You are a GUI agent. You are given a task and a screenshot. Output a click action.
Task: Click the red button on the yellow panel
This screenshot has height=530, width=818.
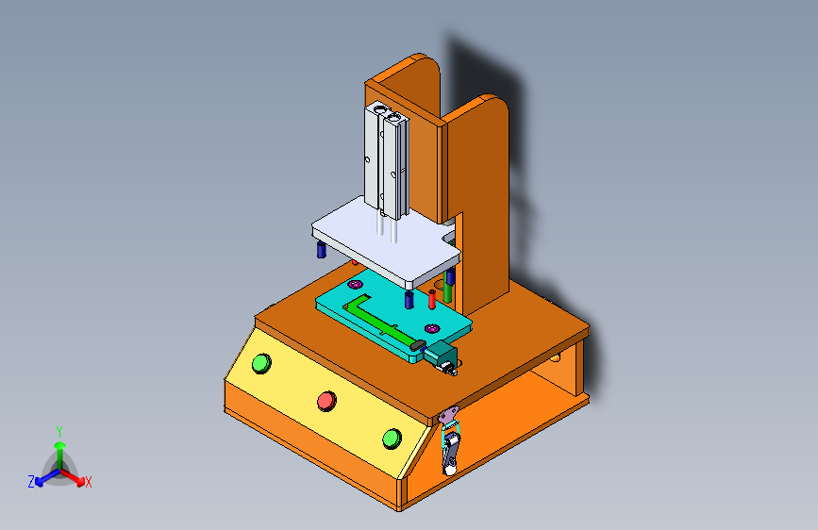click(x=326, y=400)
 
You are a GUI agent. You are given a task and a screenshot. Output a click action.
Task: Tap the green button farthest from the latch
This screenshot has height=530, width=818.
click(x=260, y=363)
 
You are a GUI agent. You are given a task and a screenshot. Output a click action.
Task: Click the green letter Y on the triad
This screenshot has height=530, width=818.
click(x=58, y=430)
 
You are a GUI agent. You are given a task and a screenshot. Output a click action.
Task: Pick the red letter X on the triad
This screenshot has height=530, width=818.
click(x=89, y=482)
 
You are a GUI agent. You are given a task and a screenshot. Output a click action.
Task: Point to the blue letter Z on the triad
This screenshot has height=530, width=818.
click(x=31, y=481)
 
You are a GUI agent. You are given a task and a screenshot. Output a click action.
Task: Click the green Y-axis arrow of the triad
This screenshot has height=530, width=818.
click(x=59, y=451)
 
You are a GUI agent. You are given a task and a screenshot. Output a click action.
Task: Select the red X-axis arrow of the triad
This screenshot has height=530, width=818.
click(x=75, y=477)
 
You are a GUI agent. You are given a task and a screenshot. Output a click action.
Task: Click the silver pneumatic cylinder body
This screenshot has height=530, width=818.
click(x=386, y=158)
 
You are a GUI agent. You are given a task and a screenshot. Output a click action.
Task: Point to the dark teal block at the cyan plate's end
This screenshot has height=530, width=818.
click(x=442, y=356)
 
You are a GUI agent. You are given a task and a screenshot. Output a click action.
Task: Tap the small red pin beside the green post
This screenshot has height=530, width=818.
click(x=432, y=299)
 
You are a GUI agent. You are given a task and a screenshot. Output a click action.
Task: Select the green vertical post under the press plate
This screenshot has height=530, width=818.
click(x=448, y=291)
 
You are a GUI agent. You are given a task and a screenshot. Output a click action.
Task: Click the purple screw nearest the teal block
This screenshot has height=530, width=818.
click(x=432, y=327)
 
